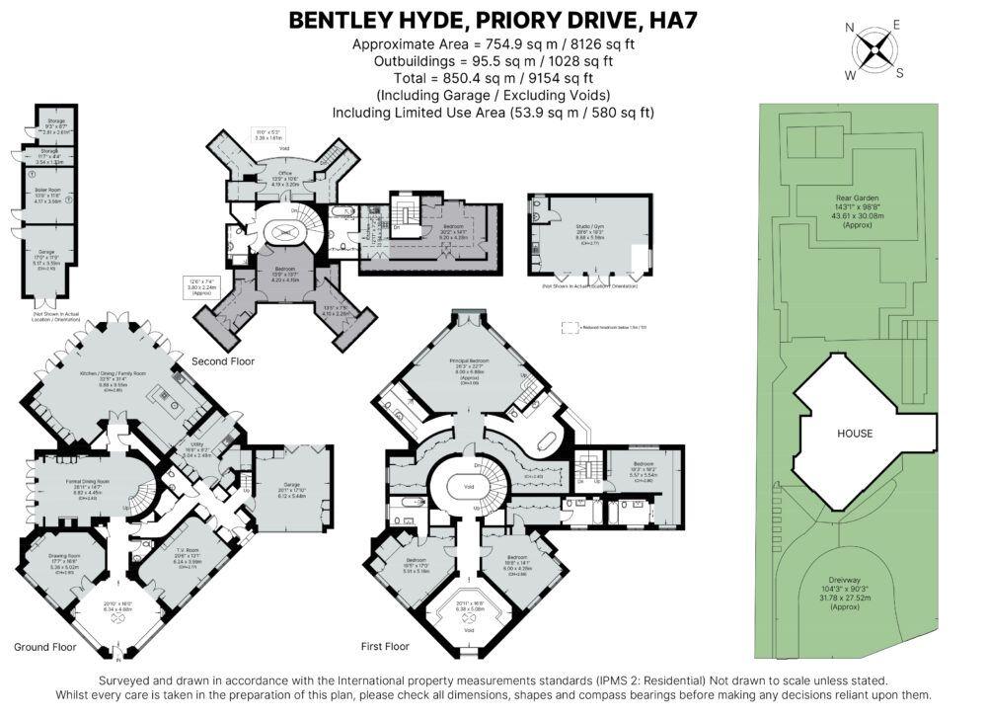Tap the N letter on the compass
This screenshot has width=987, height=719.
click(850, 28)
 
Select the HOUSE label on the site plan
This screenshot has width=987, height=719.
click(855, 433)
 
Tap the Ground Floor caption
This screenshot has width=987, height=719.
click(45, 648)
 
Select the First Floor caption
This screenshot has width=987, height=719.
click(385, 647)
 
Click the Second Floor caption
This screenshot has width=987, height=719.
click(223, 361)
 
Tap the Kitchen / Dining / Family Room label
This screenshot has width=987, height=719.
click(113, 373)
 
